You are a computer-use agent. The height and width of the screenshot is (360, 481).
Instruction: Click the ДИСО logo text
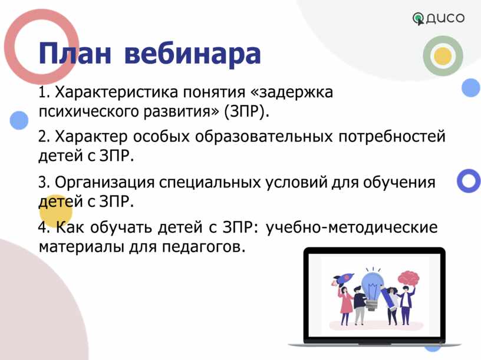[445, 18]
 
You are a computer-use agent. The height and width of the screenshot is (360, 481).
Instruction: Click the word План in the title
[74, 54]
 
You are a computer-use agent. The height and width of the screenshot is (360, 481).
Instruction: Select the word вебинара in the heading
[193, 54]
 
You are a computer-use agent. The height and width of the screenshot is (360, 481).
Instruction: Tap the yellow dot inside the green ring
[443, 56]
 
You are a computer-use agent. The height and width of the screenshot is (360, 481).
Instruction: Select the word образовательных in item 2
[264, 136]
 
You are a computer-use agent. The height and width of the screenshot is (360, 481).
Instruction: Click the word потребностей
[392, 137]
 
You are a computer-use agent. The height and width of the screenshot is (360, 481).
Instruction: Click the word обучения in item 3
[399, 182]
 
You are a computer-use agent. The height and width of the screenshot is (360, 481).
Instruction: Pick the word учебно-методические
[351, 227]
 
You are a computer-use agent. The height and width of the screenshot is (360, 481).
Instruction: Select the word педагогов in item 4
[203, 247]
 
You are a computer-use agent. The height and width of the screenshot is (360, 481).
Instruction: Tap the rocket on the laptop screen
[343, 278]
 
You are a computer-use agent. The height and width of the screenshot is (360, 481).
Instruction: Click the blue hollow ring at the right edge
[469, 181]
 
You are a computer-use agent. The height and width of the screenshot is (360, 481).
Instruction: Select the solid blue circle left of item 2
[19, 120]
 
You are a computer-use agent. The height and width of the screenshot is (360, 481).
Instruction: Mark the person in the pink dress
[345, 305]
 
